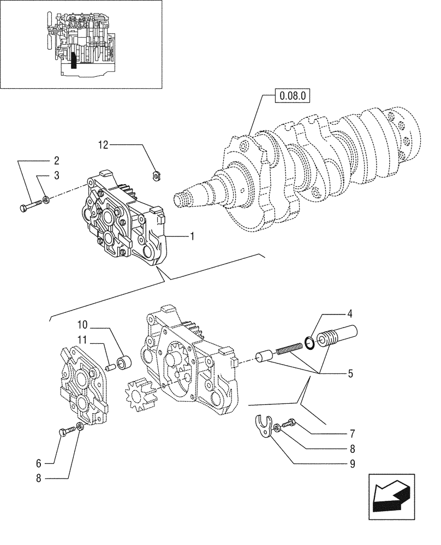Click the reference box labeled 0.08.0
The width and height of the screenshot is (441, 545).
pyautogui.click(x=293, y=97)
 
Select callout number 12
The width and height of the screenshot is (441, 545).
pyautogui.click(x=104, y=144)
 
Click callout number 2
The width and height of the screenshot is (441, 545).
pyautogui.click(x=56, y=161)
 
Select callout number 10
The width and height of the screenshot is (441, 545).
pyautogui.click(x=82, y=325)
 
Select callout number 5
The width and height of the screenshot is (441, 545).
pyautogui.click(x=349, y=374)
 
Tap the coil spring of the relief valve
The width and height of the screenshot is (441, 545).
pyautogui.click(x=289, y=349)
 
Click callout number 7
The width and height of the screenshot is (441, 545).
pyautogui.click(x=353, y=434)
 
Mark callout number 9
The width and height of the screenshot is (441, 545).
pyautogui.click(x=353, y=464)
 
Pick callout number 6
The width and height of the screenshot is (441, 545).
pyautogui.click(x=39, y=463)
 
